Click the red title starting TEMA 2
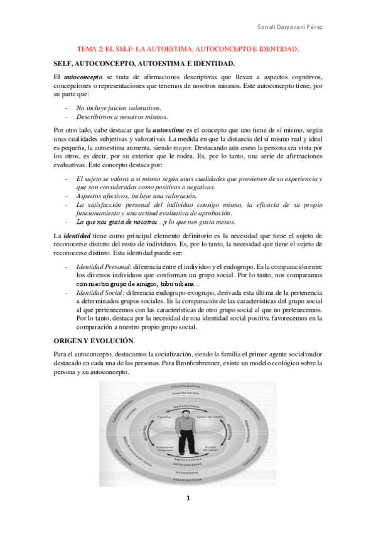click(x=188, y=48)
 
